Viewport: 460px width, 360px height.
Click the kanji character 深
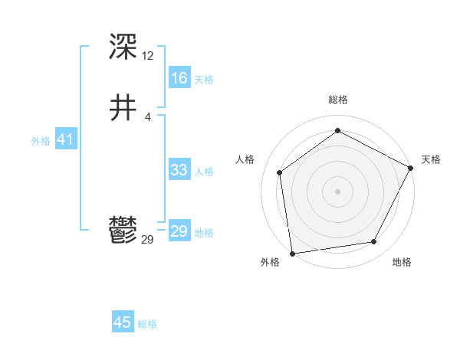tap(123, 47)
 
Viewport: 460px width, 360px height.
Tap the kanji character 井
tap(123, 109)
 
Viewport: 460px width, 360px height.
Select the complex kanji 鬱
tap(123, 231)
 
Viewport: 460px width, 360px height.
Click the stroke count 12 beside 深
tap(148, 56)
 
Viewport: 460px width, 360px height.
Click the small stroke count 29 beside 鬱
tap(148, 240)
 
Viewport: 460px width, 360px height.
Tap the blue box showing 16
tap(179, 78)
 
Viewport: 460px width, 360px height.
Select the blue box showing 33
tap(179, 170)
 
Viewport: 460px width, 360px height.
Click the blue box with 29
tap(179, 231)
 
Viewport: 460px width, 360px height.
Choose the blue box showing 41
tap(65, 139)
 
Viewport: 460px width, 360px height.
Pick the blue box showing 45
tap(123, 322)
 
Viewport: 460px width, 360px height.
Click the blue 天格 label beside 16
tap(204, 80)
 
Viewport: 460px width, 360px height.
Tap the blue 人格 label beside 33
tap(204, 172)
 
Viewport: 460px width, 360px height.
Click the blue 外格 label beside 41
tap(41, 141)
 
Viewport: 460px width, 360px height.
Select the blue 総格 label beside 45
tap(147, 324)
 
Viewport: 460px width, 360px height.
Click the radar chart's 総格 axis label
tap(337, 100)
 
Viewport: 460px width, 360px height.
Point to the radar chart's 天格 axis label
tap(431, 159)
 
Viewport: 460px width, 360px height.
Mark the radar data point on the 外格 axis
tap(292, 253)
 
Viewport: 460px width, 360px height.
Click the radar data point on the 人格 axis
tap(280, 172)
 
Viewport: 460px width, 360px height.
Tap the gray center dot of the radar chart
tap(337, 191)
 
